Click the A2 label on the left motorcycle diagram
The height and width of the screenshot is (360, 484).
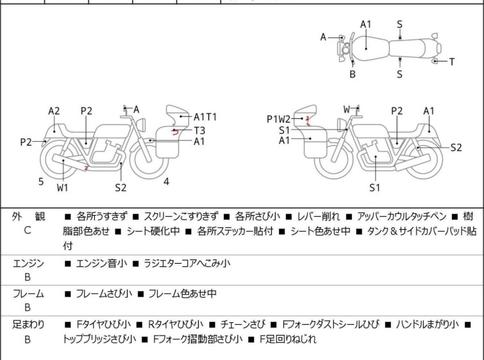[54, 111]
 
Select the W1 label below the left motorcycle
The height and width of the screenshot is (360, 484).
[63, 188]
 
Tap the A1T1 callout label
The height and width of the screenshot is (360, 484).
[205, 117]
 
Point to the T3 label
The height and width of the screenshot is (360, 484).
[200, 129]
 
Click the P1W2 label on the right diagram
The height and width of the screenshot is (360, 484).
[279, 119]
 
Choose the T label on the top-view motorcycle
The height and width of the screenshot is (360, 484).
[451, 62]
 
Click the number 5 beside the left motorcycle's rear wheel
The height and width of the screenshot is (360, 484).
[41, 182]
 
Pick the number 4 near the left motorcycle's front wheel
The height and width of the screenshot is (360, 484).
[166, 182]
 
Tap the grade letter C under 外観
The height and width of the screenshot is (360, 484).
[28, 230]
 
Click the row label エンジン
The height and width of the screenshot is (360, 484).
[28, 263]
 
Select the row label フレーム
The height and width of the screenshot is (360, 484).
[28, 294]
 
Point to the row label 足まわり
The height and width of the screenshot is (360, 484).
[28, 325]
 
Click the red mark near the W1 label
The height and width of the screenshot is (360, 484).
[87, 168]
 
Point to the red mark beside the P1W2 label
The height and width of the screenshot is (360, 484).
[308, 119]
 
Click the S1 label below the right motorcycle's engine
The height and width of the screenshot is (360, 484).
[375, 188]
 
